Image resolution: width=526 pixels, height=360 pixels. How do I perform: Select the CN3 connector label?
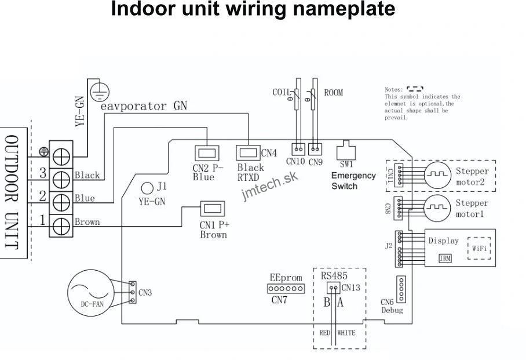click(x=145, y=293)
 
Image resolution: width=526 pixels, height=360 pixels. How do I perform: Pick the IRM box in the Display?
click(x=445, y=258)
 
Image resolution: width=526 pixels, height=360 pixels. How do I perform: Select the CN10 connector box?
click(x=298, y=149)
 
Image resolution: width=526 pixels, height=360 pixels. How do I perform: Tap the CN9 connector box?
click(x=315, y=149)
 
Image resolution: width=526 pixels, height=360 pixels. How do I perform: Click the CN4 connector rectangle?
click(x=248, y=154)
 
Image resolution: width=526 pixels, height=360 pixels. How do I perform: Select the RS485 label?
click(x=334, y=277)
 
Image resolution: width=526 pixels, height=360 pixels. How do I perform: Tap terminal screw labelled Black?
click(x=61, y=174)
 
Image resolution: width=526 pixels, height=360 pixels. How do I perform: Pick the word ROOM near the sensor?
click(x=334, y=93)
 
